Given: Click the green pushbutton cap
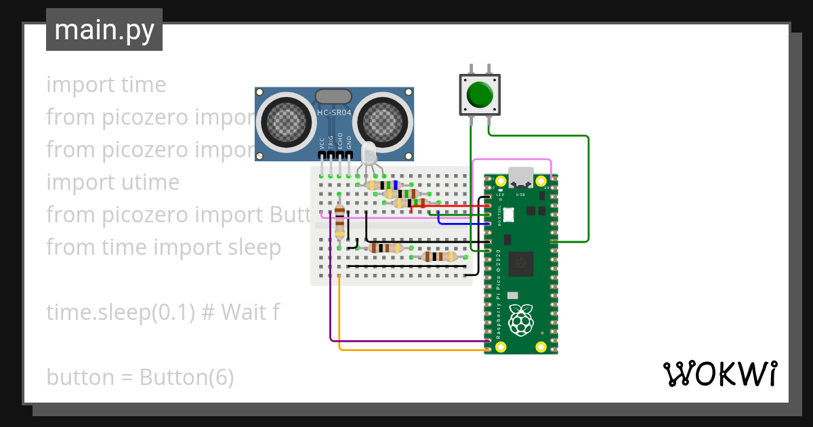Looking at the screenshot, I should [480, 95].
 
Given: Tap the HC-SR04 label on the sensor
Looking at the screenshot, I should [334, 113].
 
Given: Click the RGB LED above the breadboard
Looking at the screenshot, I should [368, 153].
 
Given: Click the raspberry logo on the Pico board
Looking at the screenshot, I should [520, 320].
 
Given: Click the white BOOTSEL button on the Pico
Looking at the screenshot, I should [509, 214].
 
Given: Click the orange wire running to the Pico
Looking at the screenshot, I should [406, 350].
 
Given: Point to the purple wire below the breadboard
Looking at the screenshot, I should [406, 340].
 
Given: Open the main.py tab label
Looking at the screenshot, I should [104, 30].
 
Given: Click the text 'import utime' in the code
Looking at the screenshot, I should [113, 182].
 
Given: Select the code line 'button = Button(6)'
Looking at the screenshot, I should [140, 377].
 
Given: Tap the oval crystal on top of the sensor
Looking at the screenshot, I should [334, 97].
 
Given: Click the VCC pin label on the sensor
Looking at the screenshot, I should [321, 143].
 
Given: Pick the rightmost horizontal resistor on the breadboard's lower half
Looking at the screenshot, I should [439, 256].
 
